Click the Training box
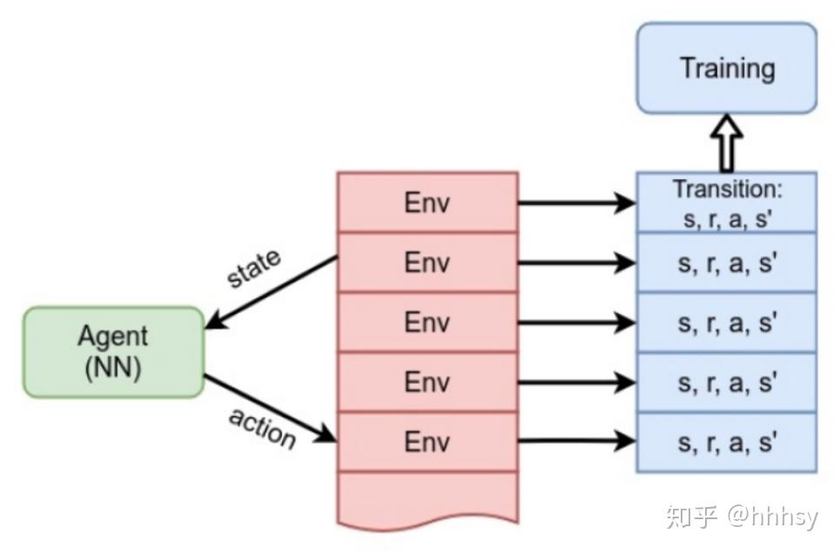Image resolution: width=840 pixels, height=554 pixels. tap(727, 68)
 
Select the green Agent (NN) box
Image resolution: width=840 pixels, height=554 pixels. tap(113, 351)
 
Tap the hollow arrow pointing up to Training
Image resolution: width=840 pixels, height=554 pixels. tap(726, 143)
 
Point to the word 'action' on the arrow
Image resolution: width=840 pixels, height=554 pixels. tap(263, 428)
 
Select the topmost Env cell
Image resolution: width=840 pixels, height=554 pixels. tap(427, 203)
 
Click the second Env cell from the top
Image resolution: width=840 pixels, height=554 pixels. tap(427, 263)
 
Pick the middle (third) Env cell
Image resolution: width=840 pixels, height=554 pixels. tap(427, 323)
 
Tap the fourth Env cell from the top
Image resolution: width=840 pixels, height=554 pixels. tap(427, 382)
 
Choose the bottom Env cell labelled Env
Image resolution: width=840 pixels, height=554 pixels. tap(427, 442)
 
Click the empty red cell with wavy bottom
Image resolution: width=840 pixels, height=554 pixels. tap(427, 499)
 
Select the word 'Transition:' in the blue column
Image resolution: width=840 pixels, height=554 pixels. tap(727, 189)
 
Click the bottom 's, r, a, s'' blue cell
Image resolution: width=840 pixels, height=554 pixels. tap(727, 442)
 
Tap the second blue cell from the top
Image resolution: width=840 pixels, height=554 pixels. tap(727, 263)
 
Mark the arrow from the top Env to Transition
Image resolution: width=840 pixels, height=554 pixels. tap(577, 203)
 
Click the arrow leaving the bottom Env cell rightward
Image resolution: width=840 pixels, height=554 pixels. tap(577, 441)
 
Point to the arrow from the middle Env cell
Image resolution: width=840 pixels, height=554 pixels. tap(577, 323)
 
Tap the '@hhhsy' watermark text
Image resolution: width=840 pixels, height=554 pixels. tap(773, 517)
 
